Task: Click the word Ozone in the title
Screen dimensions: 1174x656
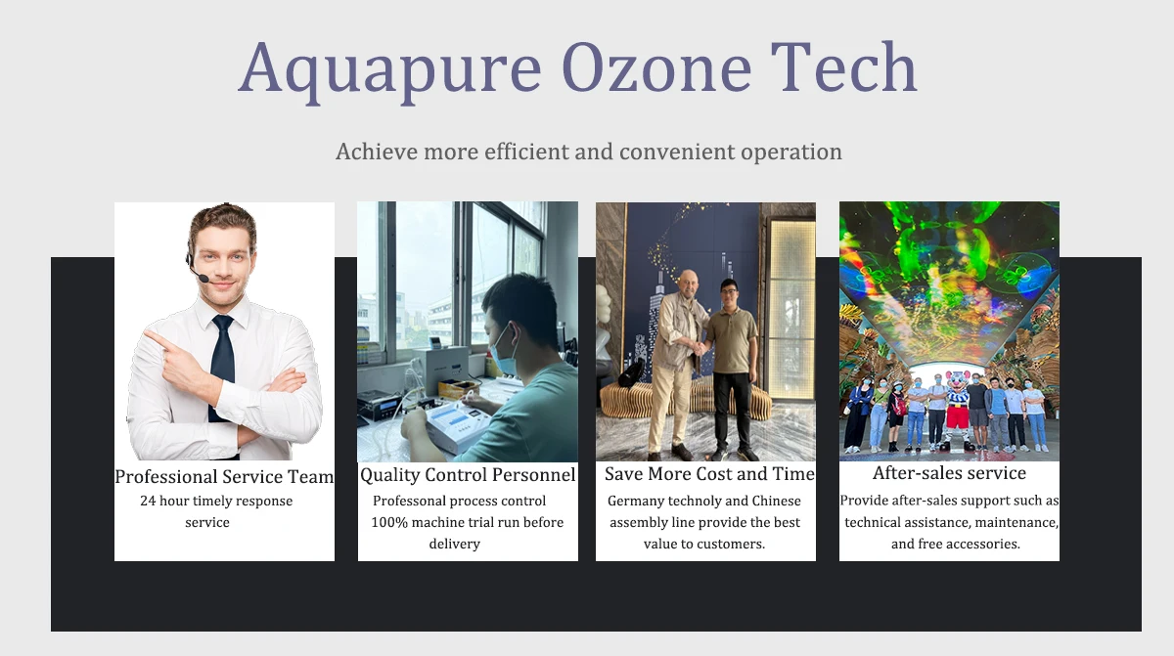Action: coord(656,68)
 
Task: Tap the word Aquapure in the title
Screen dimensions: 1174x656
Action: coord(390,72)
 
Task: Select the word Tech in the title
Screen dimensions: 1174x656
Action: coord(843,67)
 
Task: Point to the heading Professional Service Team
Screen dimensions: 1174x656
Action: coord(224,476)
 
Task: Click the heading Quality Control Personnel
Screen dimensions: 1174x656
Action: coord(468,475)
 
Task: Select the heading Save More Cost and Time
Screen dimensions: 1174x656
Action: coord(709,473)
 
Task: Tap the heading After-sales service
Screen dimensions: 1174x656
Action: coord(949,473)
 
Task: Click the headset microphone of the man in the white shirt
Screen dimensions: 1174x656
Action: coord(203,279)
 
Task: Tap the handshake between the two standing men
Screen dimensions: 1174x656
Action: coord(700,348)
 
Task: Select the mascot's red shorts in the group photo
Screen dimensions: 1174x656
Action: coord(958,416)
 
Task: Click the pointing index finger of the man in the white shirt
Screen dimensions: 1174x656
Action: coord(157,338)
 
